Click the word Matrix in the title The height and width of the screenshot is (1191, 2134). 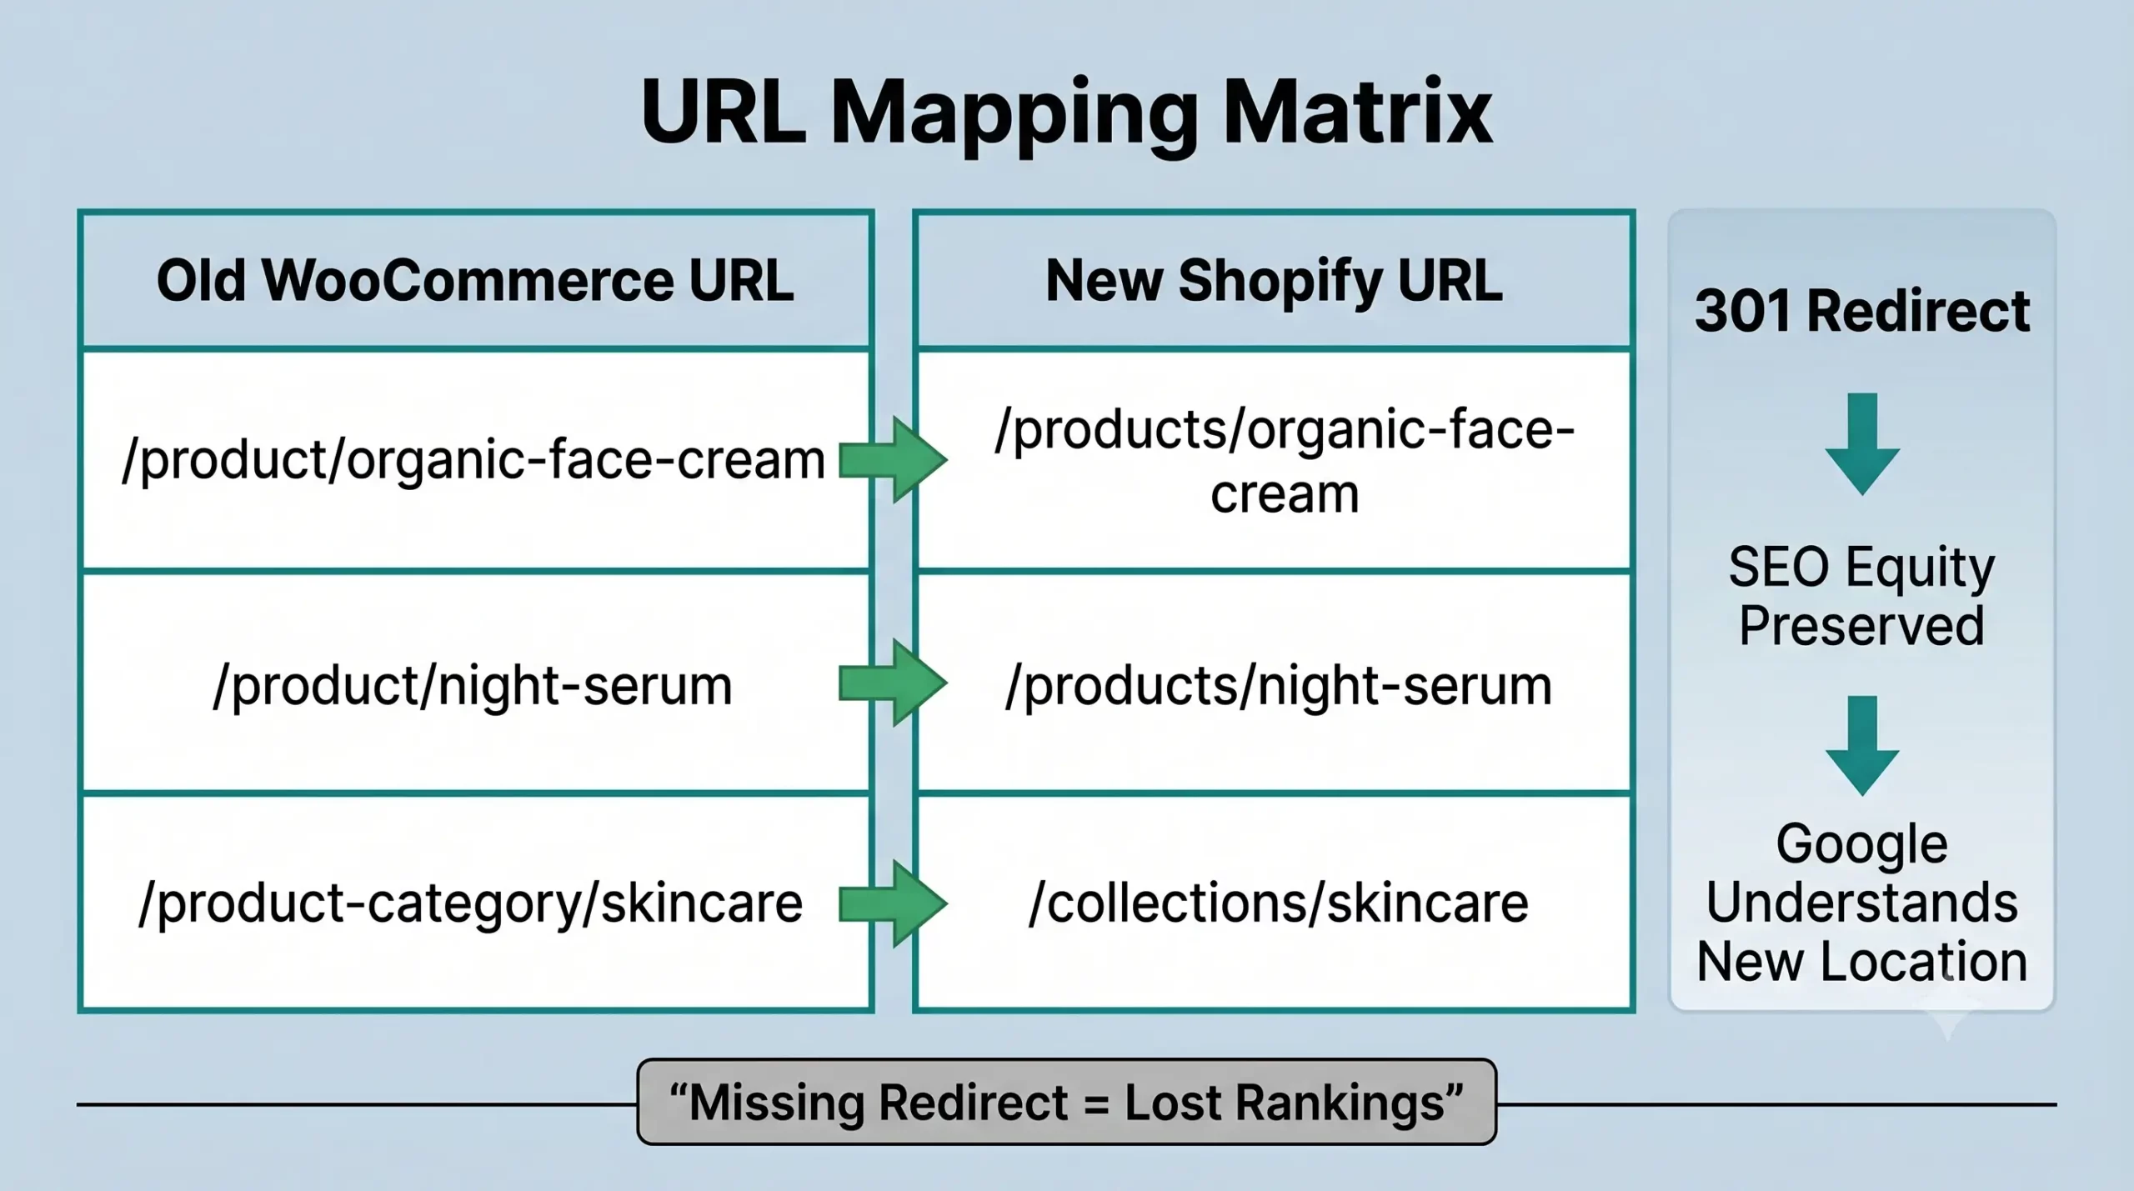[x=1356, y=113]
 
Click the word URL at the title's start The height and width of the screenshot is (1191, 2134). [x=724, y=113]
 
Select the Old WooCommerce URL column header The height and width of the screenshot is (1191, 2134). [x=476, y=280]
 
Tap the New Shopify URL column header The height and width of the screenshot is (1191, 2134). [x=1274, y=280]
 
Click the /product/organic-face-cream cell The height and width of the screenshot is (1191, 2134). [x=476, y=460]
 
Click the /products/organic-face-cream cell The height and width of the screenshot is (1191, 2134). [x=1274, y=460]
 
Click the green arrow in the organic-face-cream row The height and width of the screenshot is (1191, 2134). [x=893, y=460]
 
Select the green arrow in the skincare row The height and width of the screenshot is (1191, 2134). [x=893, y=903]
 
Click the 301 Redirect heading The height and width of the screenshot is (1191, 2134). [x=1862, y=311]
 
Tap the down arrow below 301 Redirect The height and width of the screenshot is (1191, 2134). [x=1862, y=444]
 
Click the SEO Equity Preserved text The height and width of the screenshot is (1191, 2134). [x=1862, y=596]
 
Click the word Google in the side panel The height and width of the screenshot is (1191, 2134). [x=1862, y=845]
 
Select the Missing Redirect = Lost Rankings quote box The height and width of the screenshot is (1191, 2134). [x=1067, y=1102]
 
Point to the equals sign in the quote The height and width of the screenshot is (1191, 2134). [x=1096, y=1103]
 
